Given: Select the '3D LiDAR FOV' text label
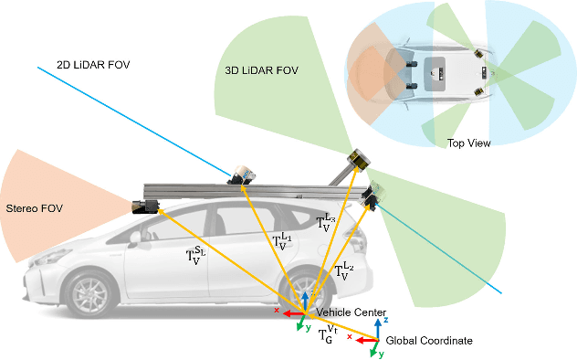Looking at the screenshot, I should point(262,70).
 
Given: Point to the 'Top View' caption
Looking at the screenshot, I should point(468,143).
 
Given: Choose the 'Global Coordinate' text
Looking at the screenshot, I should point(428,341).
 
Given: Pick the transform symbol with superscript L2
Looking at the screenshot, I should point(344,269).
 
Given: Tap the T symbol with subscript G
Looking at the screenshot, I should point(327,336).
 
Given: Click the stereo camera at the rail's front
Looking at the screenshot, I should point(146,206).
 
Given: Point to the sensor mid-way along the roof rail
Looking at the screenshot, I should point(242,174).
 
